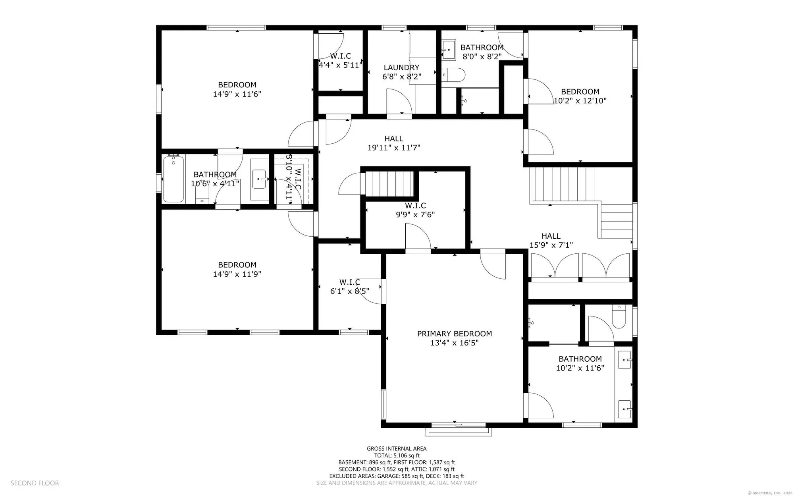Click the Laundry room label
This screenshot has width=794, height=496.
(x=401, y=68)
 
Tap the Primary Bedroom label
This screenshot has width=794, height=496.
(x=455, y=334)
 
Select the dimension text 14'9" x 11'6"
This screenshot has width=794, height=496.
(x=237, y=94)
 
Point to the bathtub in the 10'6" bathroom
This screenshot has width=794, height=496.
(x=173, y=179)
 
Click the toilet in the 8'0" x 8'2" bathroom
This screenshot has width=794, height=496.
(x=453, y=74)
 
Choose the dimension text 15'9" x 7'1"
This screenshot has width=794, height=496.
(x=551, y=245)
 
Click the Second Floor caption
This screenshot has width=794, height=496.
(x=35, y=483)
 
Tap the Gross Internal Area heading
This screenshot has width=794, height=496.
(x=397, y=449)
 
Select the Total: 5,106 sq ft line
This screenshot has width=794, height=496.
(x=397, y=455)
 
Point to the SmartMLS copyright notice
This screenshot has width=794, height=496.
(x=770, y=493)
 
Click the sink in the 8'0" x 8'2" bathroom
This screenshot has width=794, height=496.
(x=449, y=50)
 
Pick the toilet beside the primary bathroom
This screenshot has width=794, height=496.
(x=619, y=317)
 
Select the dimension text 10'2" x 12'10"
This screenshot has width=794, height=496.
(x=580, y=101)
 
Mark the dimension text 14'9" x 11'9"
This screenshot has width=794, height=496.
(x=237, y=274)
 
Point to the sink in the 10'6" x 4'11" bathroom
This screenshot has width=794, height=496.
(x=259, y=179)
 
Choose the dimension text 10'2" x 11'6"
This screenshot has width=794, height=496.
(x=580, y=368)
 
